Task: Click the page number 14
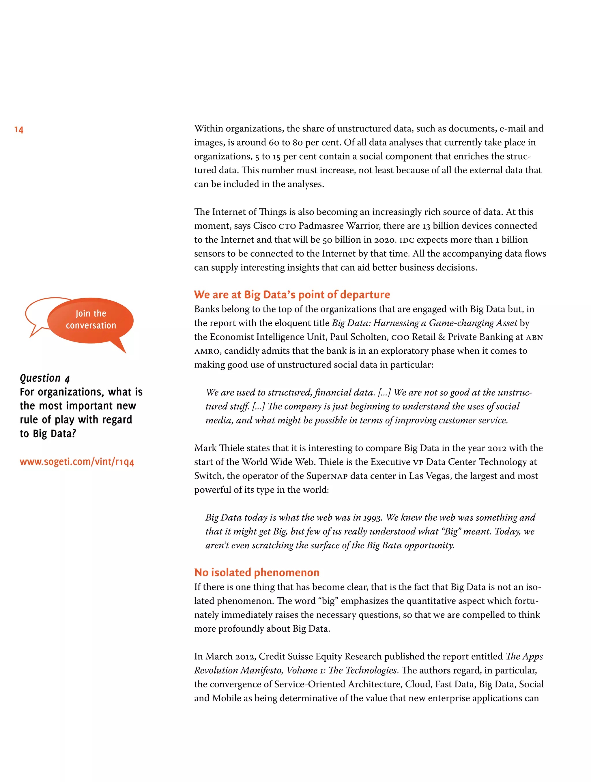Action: (x=19, y=130)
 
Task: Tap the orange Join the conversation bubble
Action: (x=91, y=320)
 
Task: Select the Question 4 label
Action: (x=44, y=378)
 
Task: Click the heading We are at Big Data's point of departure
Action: (x=292, y=294)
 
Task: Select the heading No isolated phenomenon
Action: (x=257, y=572)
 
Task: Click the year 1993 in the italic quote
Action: (x=373, y=517)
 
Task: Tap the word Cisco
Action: (x=264, y=226)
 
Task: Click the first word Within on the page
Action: (x=208, y=128)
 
